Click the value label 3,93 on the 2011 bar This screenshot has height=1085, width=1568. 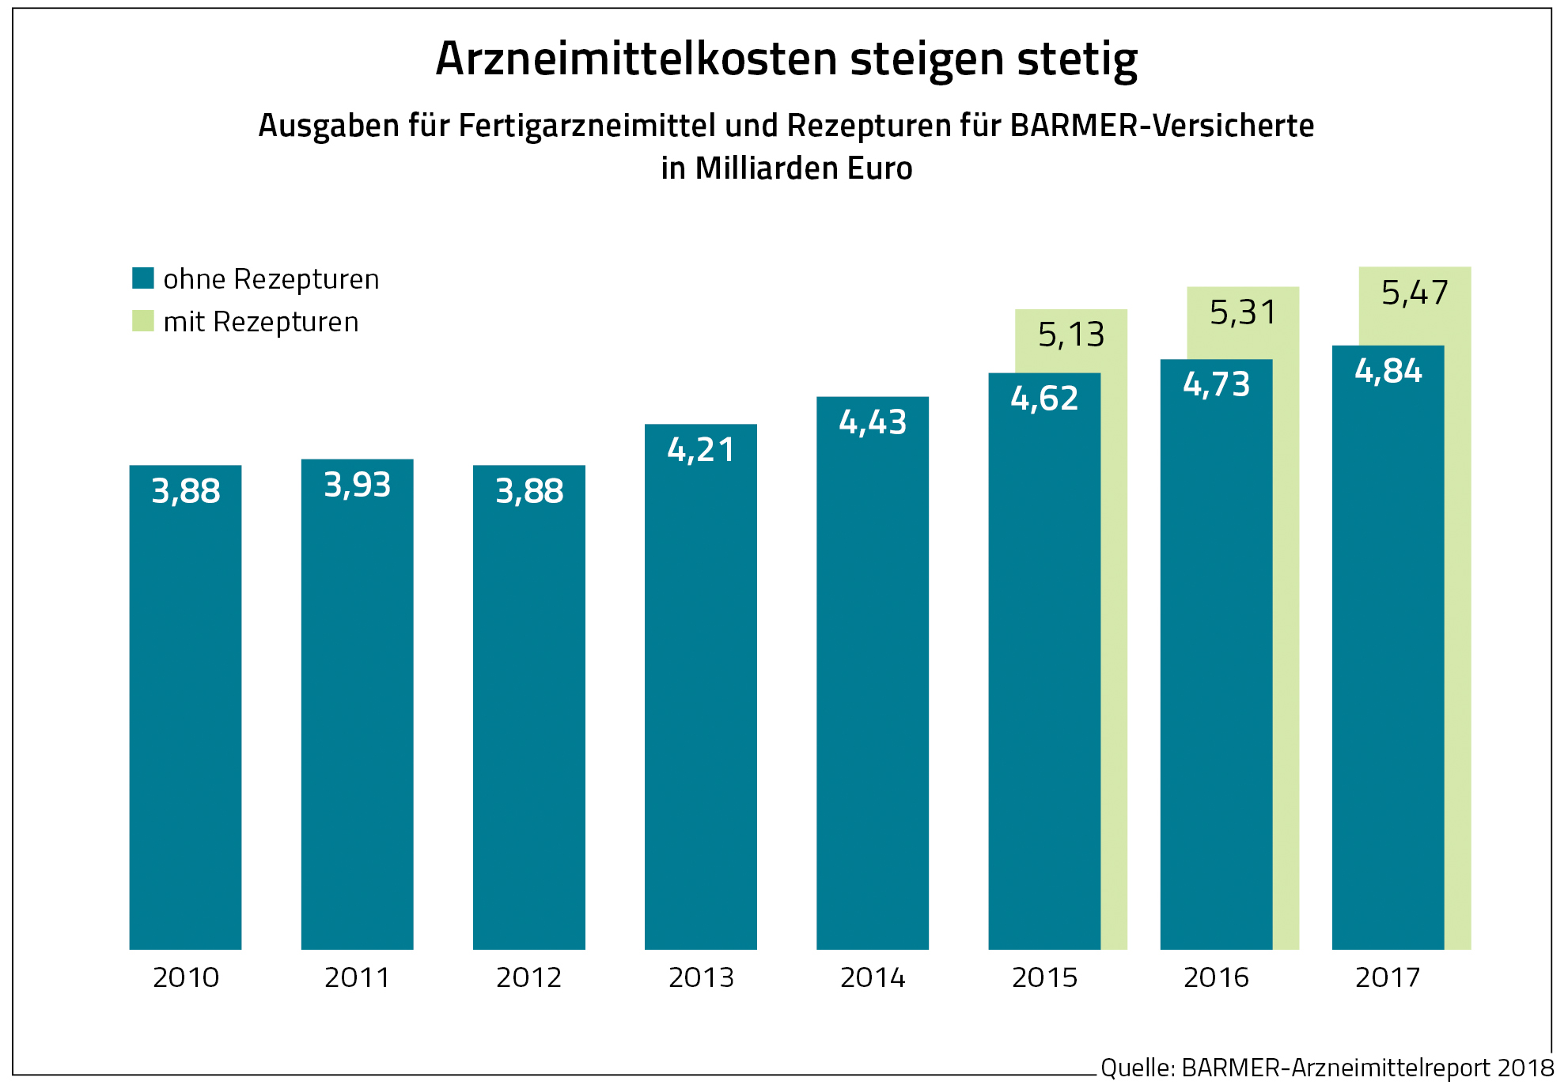pos(358,485)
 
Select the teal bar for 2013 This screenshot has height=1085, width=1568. pos(700,696)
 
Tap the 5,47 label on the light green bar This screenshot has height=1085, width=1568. pos(1415,293)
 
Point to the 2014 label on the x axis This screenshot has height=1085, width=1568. pos(873,978)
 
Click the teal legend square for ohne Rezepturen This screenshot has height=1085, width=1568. pos(143,278)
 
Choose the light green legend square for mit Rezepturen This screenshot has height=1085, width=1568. pos(143,321)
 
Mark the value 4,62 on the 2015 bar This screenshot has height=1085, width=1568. pos(1044,399)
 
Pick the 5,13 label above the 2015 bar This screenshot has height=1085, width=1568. pos(1071,335)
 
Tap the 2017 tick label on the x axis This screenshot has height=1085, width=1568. pos(1388,978)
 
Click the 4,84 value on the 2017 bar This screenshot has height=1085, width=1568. pos(1388,371)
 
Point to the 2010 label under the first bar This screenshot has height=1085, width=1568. pos(186,978)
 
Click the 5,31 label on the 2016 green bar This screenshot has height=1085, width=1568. pos(1243,313)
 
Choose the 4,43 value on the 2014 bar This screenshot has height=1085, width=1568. pos(873,422)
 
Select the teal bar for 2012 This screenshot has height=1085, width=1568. pos(528,712)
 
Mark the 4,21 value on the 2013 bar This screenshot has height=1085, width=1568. pos(701,450)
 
